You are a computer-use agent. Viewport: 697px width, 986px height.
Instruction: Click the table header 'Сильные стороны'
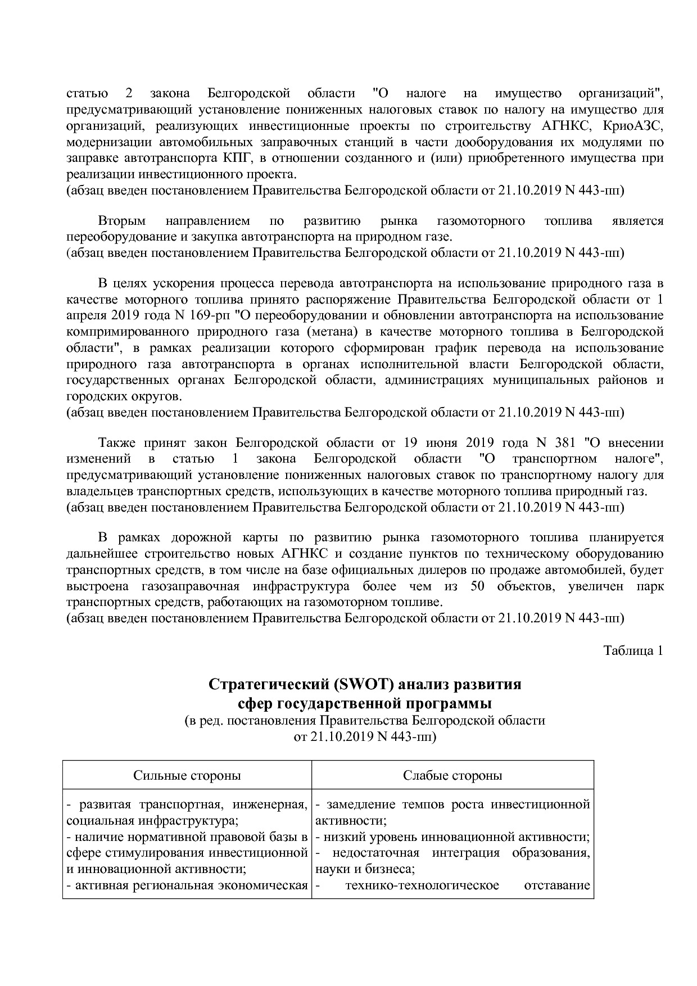point(187,776)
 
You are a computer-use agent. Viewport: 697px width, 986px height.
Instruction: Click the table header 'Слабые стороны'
point(452,776)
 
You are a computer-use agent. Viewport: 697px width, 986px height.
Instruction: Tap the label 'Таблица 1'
point(633,650)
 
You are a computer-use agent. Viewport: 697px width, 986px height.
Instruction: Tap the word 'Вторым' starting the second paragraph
point(121,221)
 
